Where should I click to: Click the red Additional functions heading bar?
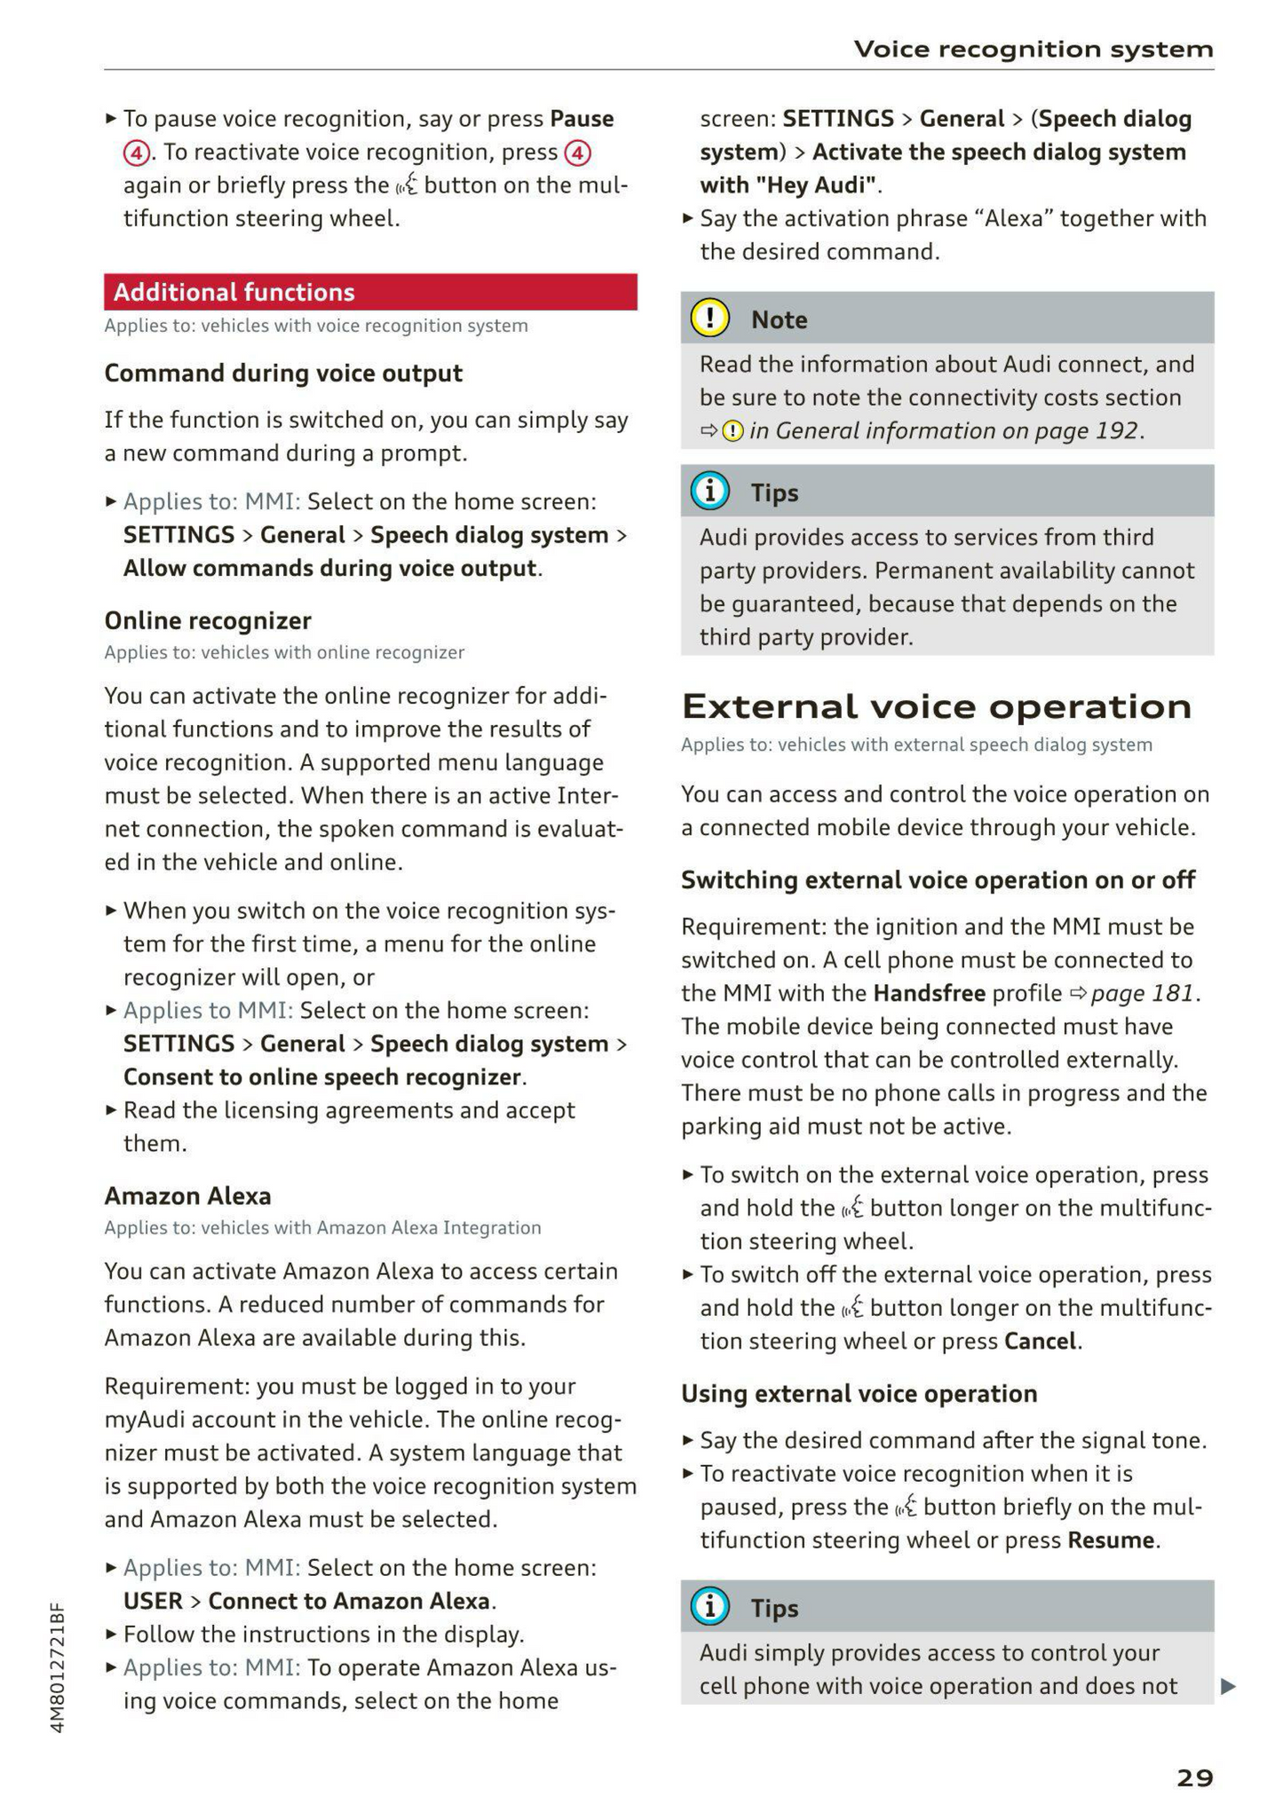pyautogui.click(x=369, y=292)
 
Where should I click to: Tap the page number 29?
pyautogui.click(x=1194, y=1777)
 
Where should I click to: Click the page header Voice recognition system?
pyautogui.click(x=1033, y=49)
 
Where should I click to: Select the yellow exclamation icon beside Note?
pyautogui.click(x=709, y=319)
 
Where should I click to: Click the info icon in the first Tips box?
pyautogui.click(x=709, y=492)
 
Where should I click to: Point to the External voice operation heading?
pyautogui.click(x=936, y=706)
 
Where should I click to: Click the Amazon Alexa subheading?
pyautogui.click(x=187, y=1195)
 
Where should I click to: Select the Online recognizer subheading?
pyautogui.click(x=208, y=620)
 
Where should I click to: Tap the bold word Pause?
pyautogui.click(x=582, y=119)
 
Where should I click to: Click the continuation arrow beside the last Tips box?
pyautogui.click(x=1228, y=1686)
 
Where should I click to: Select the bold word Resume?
pyautogui.click(x=1111, y=1540)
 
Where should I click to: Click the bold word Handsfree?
pyautogui.click(x=929, y=993)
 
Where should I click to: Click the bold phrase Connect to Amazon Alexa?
pyautogui.click(x=348, y=1601)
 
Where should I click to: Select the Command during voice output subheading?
pyautogui.click(x=283, y=373)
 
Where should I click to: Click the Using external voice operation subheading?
pyautogui.click(x=859, y=1393)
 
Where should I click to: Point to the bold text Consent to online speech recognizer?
pyautogui.click(x=321, y=1077)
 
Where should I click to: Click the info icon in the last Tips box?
pyautogui.click(x=709, y=1607)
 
